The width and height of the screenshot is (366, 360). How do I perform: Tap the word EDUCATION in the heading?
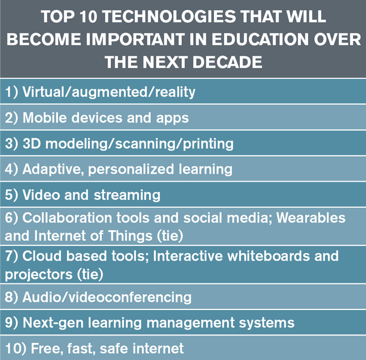click(x=260, y=39)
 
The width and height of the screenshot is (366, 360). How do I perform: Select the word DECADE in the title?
click(x=227, y=62)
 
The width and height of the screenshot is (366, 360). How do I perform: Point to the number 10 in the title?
click(x=88, y=16)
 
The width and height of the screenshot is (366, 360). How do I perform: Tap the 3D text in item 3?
click(x=32, y=143)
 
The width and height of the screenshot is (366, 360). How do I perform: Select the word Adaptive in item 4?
click(x=53, y=169)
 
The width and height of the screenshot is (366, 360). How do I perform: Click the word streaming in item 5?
click(x=127, y=195)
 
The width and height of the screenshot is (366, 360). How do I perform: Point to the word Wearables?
click(x=311, y=217)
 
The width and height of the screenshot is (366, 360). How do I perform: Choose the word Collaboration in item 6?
click(x=67, y=217)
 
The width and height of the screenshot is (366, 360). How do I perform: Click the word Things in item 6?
click(x=130, y=236)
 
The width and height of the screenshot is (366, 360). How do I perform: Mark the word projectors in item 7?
click(x=39, y=274)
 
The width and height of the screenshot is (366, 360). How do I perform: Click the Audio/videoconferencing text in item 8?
click(x=107, y=298)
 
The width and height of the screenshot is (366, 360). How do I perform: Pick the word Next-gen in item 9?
click(x=53, y=323)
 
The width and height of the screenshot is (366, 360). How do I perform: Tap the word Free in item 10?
click(x=47, y=349)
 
